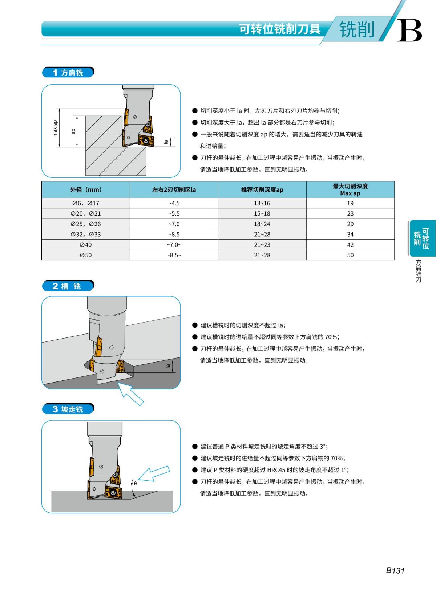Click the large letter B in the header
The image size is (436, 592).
[x=409, y=31]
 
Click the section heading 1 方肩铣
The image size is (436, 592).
[x=68, y=72]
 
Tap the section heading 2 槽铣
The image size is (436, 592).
[x=68, y=286]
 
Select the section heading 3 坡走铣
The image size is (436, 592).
[x=68, y=409]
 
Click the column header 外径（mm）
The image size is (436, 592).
[x=86, y=189]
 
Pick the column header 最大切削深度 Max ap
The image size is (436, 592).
[x=350, y=189]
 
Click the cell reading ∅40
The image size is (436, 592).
[x=86, y=245]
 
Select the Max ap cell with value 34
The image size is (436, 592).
[x=350, y=234]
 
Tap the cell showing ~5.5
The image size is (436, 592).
[x=174, y=213]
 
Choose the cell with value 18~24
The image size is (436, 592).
[x=262, y=224]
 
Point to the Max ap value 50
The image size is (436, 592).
[x=350, y=255]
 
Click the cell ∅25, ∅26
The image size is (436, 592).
[x=86, y=224]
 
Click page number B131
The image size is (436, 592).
[x=395, y=571]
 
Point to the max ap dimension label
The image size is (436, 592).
[x=55, y=128]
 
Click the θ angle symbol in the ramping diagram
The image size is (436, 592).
[x=135, y=483]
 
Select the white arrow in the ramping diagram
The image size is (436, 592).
[x=154, y=474]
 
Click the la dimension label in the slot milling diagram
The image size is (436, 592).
[x=168, y=366]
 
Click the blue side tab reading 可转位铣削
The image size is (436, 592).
[x=422, y=238]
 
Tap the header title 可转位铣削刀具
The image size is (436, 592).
[x=279, y=29]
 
